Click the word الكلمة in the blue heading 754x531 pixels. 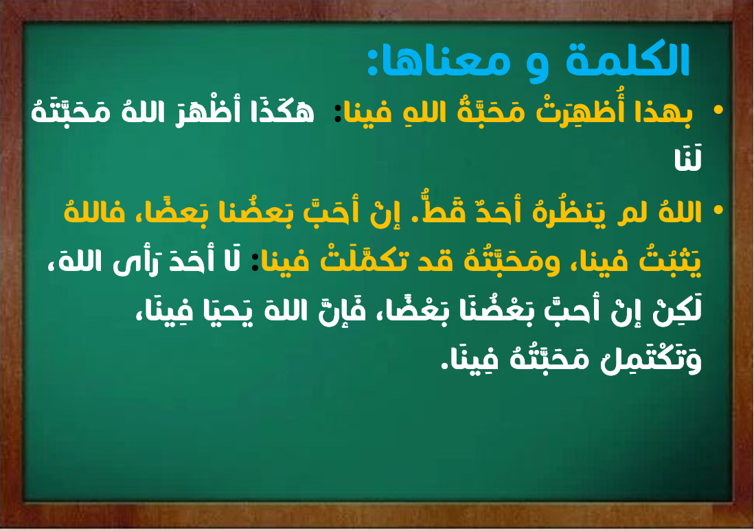(628, 60)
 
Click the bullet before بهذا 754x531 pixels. (718, 110)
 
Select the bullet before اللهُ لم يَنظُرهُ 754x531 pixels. (718, 209)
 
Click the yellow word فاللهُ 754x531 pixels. (94, 211)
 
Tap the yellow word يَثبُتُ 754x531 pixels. (670, 261)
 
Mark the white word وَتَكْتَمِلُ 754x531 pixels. (652, 359)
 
